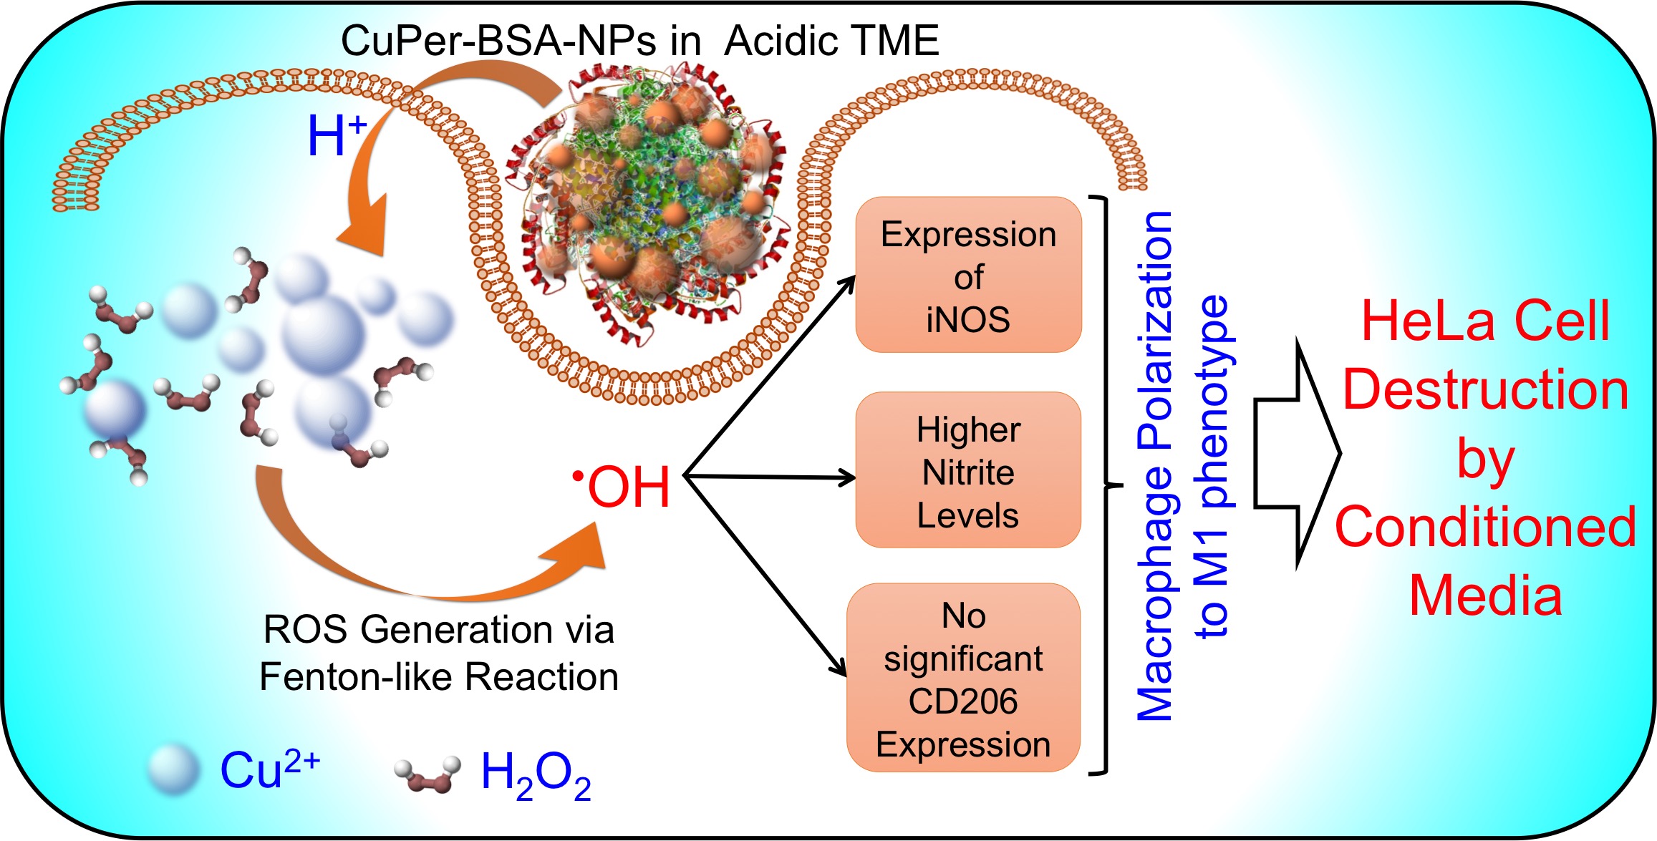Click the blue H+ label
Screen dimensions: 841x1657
[x=335, y=136]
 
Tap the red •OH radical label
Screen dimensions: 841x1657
[x=623, y=487]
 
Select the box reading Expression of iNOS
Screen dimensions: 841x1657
[x=968, y=276]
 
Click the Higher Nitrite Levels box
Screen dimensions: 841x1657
[x=968, y=471]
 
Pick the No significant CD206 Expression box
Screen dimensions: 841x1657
[x=963, y=679]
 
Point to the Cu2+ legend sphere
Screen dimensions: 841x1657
[x=173, y=770]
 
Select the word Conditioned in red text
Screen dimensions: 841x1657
[x=1486, y=527]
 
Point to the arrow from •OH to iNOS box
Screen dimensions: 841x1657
[x=770, y=376]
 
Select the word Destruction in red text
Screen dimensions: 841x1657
[x=1486, y=390]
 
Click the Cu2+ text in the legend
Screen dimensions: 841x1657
[x=269, y=770]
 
